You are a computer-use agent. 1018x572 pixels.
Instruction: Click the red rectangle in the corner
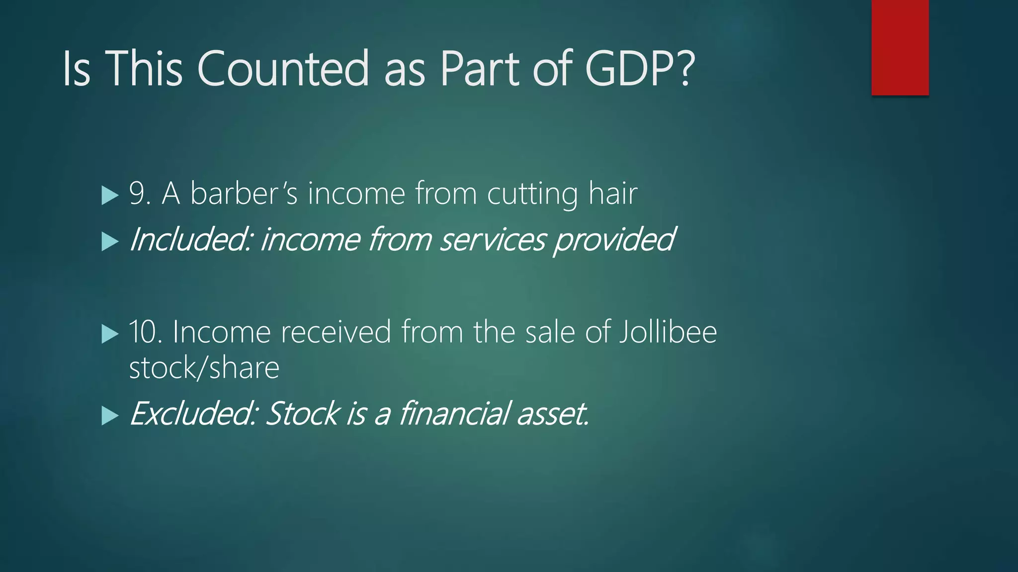coord(900,48)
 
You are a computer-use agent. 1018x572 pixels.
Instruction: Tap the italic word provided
coord(614,240)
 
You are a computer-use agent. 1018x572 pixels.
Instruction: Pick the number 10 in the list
coord(145,332)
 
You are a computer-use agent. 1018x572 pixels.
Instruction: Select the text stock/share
coord(204,368)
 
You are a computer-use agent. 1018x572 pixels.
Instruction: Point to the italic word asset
coord(552,414)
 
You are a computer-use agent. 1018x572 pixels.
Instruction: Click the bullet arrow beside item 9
coord(109,195)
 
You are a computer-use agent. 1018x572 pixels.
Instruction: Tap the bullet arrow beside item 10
coord(109,334)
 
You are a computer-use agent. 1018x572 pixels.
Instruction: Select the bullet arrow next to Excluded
coord(109,416)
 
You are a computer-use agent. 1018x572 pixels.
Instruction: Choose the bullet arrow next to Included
coord(109,242)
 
